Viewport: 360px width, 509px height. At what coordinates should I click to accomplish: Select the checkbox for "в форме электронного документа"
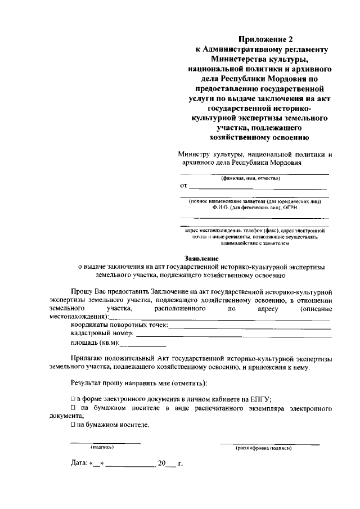coord(73,398)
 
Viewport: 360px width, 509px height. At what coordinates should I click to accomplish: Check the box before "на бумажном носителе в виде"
coord(73,407)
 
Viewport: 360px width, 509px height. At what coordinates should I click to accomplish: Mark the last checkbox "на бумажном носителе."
coord(73,425)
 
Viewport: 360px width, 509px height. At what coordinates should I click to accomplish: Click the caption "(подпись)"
coord(102,447)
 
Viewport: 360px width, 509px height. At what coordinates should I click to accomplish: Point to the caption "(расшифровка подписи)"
coord(264,448)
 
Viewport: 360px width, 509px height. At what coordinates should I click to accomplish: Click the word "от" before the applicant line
coord(183,186)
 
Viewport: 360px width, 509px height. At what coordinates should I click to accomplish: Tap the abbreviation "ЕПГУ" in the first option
coord(260,398)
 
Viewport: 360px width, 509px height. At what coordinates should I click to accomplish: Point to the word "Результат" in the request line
coord(88,383)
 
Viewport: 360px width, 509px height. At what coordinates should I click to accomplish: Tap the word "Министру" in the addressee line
coord(193,154)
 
